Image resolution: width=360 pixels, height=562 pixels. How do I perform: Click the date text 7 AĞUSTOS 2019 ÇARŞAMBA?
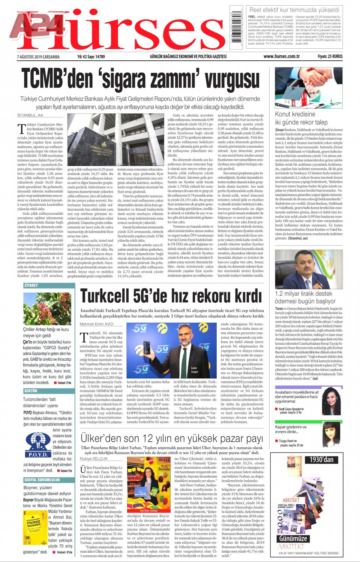point(38,57)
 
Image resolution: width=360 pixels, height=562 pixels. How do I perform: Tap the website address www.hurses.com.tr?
point(281,57)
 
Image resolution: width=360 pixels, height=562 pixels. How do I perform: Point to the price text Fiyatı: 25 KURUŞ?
point(330,57)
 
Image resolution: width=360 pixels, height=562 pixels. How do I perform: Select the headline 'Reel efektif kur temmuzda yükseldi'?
point(294,10)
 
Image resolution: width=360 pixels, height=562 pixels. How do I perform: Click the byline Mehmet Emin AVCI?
point(96,324)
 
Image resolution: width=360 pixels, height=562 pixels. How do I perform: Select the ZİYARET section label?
point(31,285)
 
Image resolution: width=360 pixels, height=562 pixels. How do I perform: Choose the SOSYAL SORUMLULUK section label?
point(42,480)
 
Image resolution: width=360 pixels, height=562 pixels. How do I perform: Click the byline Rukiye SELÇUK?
point(94,459)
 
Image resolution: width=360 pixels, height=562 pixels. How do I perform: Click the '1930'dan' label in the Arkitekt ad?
point(321,460)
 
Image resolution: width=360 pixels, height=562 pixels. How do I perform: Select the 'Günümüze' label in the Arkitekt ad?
point(293,538)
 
